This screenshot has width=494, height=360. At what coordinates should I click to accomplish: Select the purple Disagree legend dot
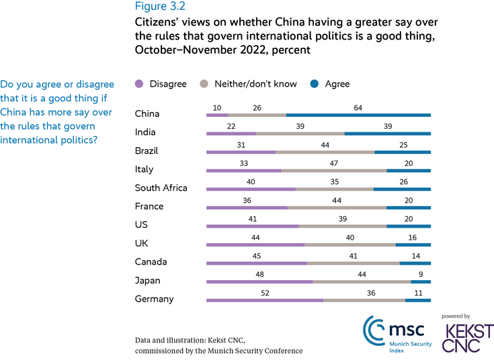click(139, 84)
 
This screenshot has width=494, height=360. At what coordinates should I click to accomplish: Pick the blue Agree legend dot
click(315, 84)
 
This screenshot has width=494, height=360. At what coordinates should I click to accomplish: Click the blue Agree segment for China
click(358, 116)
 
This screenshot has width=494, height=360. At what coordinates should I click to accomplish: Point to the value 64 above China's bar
click(358, 107)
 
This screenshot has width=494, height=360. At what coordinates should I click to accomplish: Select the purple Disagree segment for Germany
click(265, 300)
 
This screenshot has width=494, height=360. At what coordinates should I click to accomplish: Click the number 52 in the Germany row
click(265, 292)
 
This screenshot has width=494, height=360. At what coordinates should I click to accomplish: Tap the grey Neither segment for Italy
click(333, 171)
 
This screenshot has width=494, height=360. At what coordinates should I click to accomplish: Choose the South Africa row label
click(161, 188)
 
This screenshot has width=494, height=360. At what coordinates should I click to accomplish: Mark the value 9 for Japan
click(420, 274)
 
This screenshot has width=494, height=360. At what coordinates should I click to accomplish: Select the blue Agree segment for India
click(387, 134)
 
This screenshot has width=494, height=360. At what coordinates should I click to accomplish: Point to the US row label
click(141, 225)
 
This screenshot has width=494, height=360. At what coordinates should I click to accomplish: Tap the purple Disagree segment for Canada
click(257, 263)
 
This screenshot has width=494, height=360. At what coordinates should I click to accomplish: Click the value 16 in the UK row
click(413, 237)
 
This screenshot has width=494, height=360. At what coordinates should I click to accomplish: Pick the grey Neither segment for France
click(337, 208)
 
